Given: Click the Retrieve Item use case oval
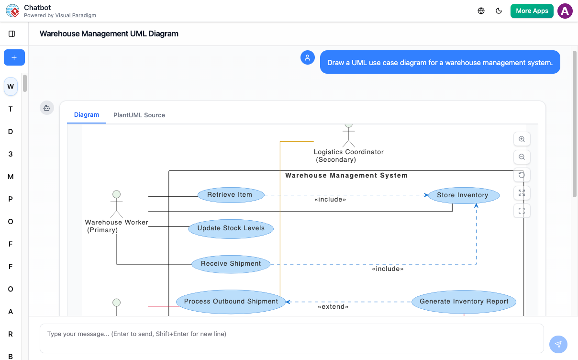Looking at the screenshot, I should pyautogui.click(x=231, y=195).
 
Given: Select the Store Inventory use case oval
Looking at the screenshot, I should pyautogui.click(x=464, y=195).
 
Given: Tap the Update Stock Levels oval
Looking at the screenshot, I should pyautogui.click(x=231, y=228).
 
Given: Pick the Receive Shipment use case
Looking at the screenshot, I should pyautogui.click(x=231, y=264).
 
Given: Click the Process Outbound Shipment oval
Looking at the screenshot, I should pyautogui.click(x=231, y=302).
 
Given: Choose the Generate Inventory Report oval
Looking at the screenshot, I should pyautogui.click(x=464, y=302).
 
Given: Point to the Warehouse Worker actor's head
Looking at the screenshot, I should pyautogui.click(x=116, y=194).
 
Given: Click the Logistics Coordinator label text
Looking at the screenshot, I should pyautogui.click(x=349, y=152).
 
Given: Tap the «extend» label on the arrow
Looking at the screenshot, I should pyautogui.click(x=333, y=307).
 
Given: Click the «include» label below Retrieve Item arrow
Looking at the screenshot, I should pyautogui.click(x=330, y=200).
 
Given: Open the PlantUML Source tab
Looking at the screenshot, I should pyautogui.click(x=139, y=115).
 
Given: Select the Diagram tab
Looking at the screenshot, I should pyautogui.click(x=87, y=115).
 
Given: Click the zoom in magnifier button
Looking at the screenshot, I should pyautogui.click(x=522, y=139).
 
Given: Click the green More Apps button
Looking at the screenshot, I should pyautogui.click(x=532, y=11).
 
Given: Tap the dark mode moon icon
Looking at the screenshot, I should pyautogui.click(x=499, y=11).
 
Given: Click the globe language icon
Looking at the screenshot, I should pyautogui.click(x=481, y=11).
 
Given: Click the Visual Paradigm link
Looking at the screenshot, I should pyautogui.click(x=76, y=15).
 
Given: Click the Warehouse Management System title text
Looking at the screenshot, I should pyautogui.click(x=346, y=176).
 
